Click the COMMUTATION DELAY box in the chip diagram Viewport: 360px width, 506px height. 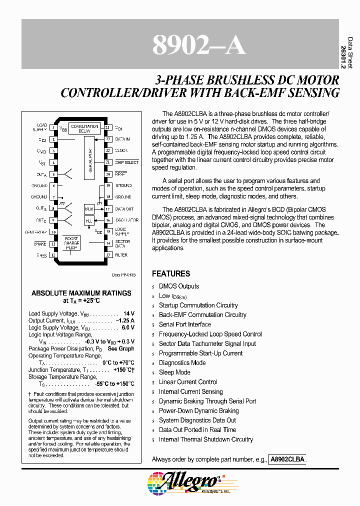click(84, 129)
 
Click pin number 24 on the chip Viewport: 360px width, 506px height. click(107, 128)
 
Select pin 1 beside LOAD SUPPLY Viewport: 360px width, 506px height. click(53, 128)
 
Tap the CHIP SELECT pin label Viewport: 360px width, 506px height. click(126, 162)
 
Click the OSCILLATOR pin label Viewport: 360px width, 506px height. click(126, 220)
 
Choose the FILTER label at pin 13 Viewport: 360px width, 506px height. click(121, 255)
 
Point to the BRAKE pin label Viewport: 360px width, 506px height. click(40, 243)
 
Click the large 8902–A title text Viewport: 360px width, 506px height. click(198, 45)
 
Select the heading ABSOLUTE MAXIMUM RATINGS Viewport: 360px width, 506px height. click(81, 293)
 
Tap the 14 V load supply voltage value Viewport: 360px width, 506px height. click(129, 313)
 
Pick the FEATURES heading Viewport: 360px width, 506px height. click(171, 274)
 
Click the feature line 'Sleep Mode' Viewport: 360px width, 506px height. click(174, 372)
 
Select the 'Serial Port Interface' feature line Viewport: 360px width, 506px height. click(185, 324)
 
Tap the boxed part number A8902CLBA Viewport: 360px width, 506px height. click(287, 459)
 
